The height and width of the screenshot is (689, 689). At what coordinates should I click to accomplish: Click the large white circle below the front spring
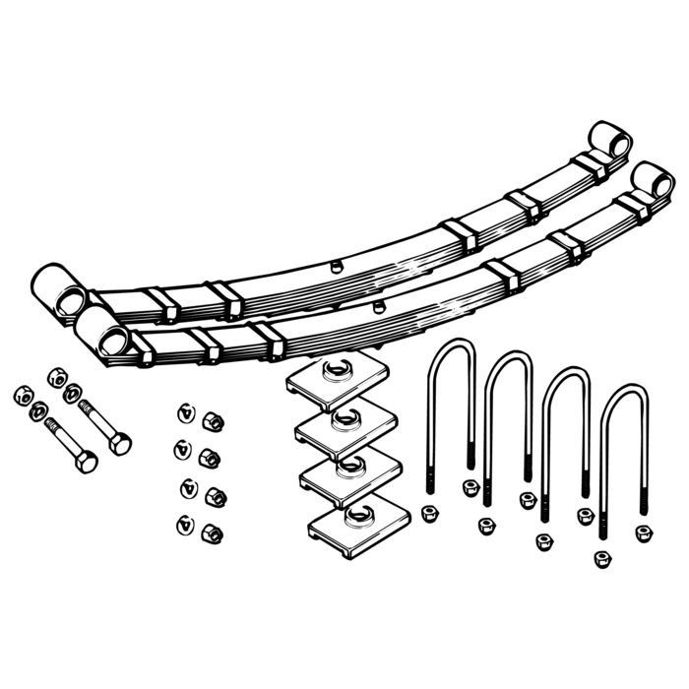coord(588,280)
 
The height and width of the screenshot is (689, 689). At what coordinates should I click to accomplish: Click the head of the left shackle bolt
coord(83,461)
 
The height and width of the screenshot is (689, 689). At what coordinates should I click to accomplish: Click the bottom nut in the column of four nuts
coord(209,533)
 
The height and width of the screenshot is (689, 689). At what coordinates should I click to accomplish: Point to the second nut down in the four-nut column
coord(209,459)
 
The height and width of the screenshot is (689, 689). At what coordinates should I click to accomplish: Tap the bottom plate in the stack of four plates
coord(354,532)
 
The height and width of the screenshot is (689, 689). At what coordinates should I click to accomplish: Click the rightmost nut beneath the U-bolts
coord(643,532)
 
